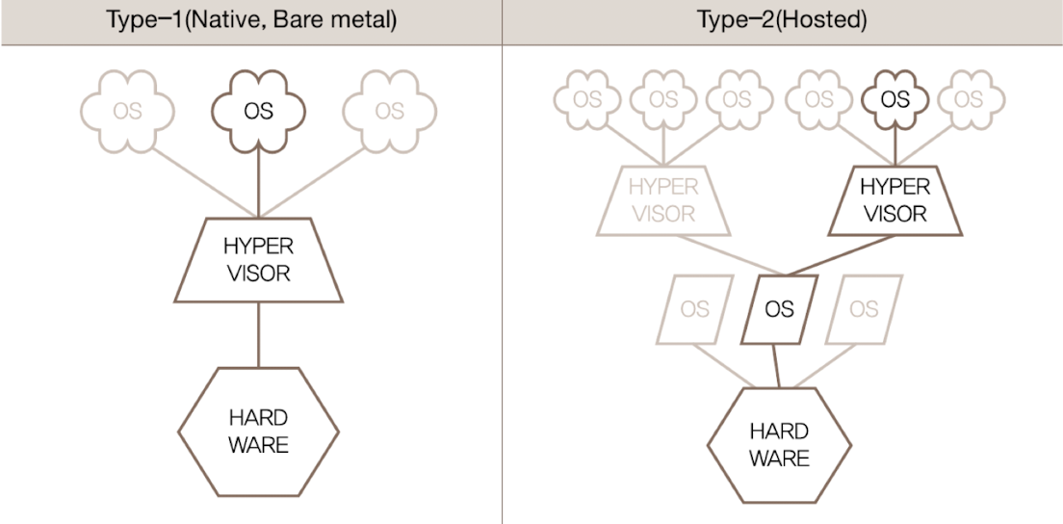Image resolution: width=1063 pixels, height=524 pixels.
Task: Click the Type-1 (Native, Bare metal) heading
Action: (251, 20)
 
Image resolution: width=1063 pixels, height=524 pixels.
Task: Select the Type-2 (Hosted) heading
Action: (781, 20)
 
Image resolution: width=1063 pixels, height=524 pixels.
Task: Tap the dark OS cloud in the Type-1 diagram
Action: (258, 112)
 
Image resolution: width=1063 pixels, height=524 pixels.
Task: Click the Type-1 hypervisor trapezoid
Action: (258, 260)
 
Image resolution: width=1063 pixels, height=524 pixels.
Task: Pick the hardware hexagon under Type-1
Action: (258, 431)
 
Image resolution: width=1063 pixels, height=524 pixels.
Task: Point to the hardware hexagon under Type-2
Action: (779, 444)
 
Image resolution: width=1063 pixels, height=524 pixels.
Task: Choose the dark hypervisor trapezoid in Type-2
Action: (894, 199)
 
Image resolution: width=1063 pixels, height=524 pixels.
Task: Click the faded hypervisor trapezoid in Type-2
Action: (662, 199)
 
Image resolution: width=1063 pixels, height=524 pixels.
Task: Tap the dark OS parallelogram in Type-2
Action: (779, 309)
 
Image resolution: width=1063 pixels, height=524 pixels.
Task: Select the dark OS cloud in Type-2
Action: (894, 99)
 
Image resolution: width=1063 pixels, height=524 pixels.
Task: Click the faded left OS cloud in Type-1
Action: (127, 112)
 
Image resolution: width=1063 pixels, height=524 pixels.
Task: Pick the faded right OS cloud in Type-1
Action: (389, 112)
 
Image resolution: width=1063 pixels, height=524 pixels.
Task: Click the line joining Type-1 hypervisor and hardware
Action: (258, 334)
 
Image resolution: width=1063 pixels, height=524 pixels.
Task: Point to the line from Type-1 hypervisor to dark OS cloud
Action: (258, 183)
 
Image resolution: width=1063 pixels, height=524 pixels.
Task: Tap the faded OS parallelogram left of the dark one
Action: (693, 309)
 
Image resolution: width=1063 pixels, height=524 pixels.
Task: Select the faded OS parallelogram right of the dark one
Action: (864, 309)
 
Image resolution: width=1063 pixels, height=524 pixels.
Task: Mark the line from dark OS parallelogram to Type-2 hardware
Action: (776, 366)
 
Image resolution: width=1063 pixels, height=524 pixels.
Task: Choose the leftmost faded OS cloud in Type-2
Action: (586, 99)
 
